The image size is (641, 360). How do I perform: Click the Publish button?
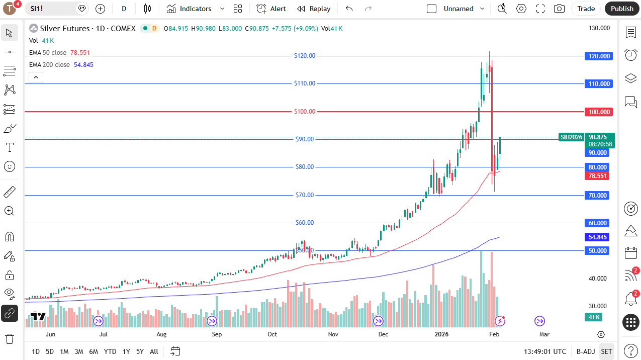point(622,9)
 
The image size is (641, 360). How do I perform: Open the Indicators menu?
point(190,9)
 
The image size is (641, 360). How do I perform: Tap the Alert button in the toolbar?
point(271,9)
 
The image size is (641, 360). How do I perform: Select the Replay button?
point(314,9)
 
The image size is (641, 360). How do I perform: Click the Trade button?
point(586,9)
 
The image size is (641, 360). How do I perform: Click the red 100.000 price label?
point(598,112)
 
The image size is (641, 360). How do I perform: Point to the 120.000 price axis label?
point(598,56)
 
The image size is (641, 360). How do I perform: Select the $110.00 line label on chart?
point(305,83)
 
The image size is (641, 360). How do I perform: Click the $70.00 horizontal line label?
point(305,195)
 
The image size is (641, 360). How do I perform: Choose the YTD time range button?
point(110,351)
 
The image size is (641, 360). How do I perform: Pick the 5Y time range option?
point(140,351)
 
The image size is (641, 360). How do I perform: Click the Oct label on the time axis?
point(272,334)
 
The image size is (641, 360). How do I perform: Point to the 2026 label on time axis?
point(441,334)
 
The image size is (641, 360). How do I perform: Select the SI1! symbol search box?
point(50,9)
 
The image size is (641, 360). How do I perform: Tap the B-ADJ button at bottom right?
point(585,351)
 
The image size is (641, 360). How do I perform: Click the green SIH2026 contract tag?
point(571,137)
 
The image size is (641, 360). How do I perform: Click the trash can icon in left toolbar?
point(10,338)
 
